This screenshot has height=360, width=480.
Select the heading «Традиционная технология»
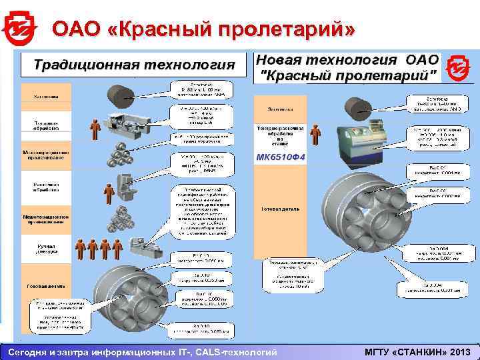(x=134, y=65)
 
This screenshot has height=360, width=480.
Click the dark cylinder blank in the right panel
(x=361, y=107)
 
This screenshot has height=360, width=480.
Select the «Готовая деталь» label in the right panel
(x=280, y=208)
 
